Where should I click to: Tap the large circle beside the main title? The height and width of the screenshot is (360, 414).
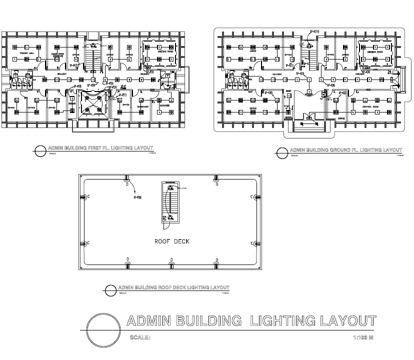pyautogui.click(x=103, y=330)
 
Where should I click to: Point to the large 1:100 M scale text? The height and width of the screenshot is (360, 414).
pyautogui.click(x=359, y=337)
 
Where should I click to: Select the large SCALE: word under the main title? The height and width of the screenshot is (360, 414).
pyautogui.click(x=140, y=337)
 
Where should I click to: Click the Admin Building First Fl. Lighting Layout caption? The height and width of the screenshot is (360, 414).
pyautogui.click(x=100, y=148)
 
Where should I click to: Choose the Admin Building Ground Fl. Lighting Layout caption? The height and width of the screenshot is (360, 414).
pyautogui.click(x=346, y=150)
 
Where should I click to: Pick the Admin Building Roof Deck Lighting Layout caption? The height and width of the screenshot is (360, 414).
pyautogui.click(x=173, y=287)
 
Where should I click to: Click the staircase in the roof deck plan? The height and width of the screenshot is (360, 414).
pyautogui.click(x=170, y=202)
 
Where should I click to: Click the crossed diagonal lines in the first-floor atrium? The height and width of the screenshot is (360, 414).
pyautogui.click(x=94, y=104)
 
